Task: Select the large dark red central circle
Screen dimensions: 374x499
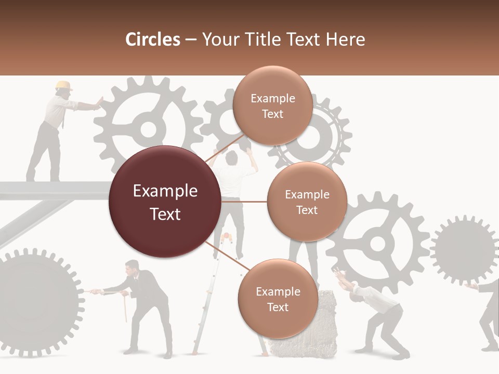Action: [165, 202]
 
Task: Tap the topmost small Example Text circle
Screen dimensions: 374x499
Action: [272, 105]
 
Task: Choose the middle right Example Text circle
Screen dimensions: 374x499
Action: [307, 202]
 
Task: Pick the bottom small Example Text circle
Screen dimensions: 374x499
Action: [277, 299]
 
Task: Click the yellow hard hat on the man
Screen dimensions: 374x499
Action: [63, 85]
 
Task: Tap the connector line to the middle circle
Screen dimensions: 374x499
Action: [243, 202]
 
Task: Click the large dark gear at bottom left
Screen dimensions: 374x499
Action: [36, 301]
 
